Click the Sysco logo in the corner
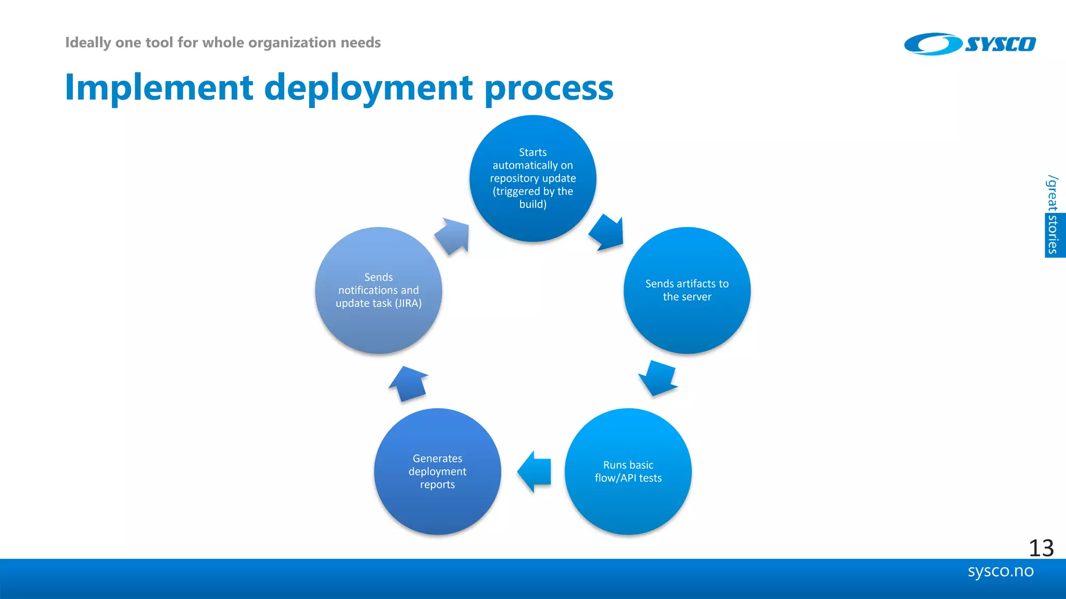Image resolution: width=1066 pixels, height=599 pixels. click(970, 44)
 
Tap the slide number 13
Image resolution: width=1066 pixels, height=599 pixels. click(1041, 548)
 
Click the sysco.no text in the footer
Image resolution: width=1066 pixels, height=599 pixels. click(1000, 571)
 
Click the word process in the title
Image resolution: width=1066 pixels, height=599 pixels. click(549, 88)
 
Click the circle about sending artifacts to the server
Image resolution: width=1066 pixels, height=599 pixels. click(687, 290)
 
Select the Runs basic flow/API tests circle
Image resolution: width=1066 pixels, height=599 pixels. click(628, 471)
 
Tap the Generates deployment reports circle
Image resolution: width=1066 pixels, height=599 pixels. click(437, 471)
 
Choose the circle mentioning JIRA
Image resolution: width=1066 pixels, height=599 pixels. click(378, 290)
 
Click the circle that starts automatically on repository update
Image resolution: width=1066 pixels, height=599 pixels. click(533, 178)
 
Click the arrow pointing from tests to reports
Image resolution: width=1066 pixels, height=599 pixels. click(535, 471)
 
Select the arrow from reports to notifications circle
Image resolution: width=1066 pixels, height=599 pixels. click(409, 384)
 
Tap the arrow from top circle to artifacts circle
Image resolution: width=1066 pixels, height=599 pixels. click(607, 232)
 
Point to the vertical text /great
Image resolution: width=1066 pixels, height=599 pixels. click(1052, 193)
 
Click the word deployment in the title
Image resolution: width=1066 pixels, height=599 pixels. click(369, 88)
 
